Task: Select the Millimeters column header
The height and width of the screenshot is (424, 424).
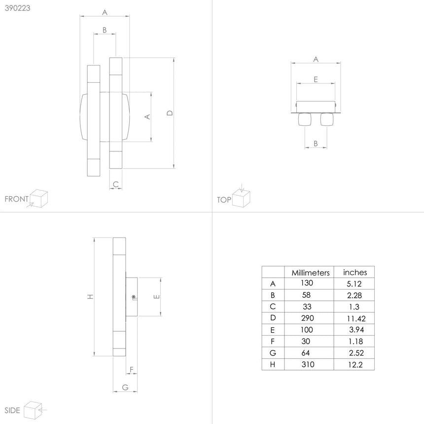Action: coord(310,273)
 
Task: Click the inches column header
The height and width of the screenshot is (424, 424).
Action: coord(355,272)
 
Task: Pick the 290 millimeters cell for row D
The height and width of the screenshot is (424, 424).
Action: coord(307,318)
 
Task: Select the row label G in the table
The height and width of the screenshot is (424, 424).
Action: coord(273,353)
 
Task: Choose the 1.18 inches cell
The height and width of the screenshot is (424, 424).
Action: coord(355,341)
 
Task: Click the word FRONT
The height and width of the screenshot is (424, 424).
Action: coord(16,199)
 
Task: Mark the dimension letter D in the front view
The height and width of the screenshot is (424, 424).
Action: coord(170,113)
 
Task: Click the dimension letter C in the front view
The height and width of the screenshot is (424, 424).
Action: coord(115,184)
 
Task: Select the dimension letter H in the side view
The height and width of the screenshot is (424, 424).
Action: coord(90,297)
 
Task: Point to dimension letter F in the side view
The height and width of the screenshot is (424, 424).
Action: coord(131,369)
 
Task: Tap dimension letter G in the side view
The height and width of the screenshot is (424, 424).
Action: coord(125,388)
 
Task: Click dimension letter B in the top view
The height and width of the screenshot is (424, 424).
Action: coord(316,144)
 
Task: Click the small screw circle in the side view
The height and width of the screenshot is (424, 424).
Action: coord(134,297)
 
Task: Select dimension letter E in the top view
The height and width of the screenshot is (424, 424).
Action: coord(316,79)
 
